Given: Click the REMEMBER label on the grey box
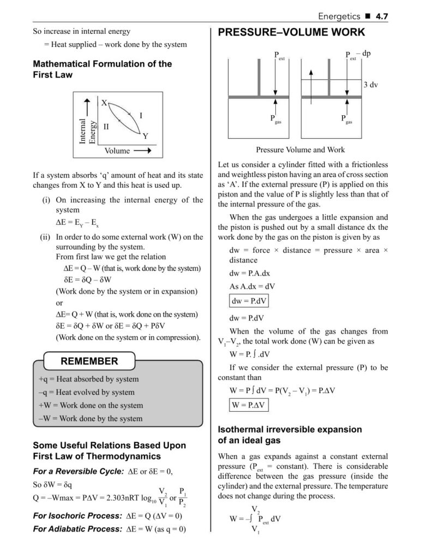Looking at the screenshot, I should (89, 361).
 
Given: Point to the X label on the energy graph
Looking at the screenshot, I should (104, 103).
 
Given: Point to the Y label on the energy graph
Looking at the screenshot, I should (145, 136).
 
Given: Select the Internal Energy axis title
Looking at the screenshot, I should (87, 131).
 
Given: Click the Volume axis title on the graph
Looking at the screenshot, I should (117, 151).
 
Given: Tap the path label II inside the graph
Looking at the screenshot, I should (106, 126).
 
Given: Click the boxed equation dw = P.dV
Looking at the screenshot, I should (247, 301).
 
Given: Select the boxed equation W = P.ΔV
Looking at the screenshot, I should (248, 405).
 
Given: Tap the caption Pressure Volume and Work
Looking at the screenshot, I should (300, 150).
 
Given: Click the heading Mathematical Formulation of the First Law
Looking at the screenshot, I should (103, 69).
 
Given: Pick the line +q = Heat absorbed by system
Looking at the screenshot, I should (89, 379).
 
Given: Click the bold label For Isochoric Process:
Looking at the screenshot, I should (77, 515).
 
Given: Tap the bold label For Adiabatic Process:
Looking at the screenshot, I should (77, 528).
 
